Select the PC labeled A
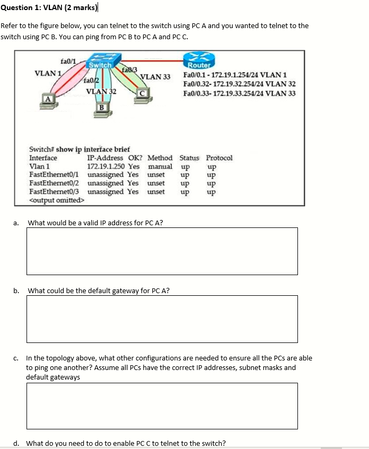48,99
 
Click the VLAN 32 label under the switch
101,91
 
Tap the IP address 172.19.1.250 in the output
106,166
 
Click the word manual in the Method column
160,166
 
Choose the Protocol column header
219,157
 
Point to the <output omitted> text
56,200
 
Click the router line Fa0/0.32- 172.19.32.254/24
239,84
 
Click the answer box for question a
162,251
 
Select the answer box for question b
162,319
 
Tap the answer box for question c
162,406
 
